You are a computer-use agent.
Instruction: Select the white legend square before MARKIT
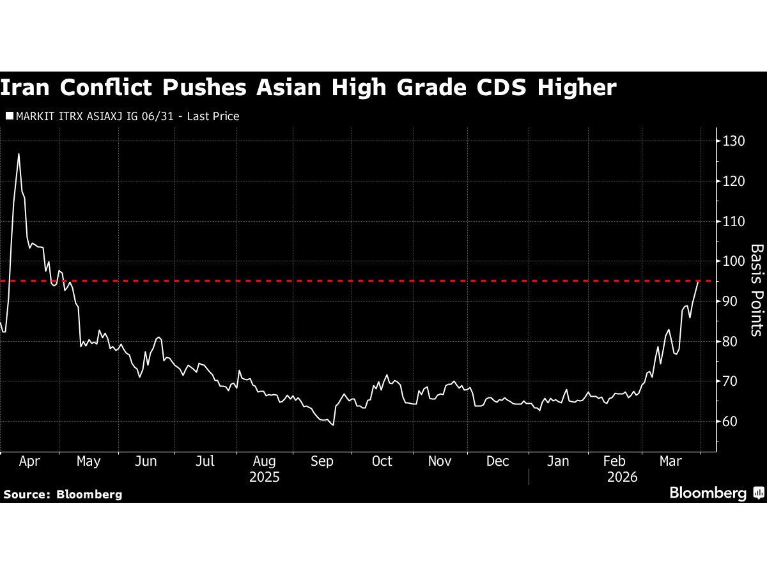(9, 116)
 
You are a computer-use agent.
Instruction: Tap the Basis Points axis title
(756, 289)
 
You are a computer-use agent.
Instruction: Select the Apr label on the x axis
(29, 461)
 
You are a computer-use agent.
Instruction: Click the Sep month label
(322, 461)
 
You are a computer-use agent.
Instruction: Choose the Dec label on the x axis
(498, 461)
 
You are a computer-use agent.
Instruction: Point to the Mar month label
(670, 461)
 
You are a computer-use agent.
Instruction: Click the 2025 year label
(264, 477)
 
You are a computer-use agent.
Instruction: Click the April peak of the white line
(19, 153)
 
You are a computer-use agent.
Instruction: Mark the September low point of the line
(333, 425)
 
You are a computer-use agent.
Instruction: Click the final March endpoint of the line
(698, 281)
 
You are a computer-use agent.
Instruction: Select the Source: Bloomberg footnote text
(62, 494)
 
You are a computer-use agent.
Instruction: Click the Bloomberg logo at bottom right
(716, 493)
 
